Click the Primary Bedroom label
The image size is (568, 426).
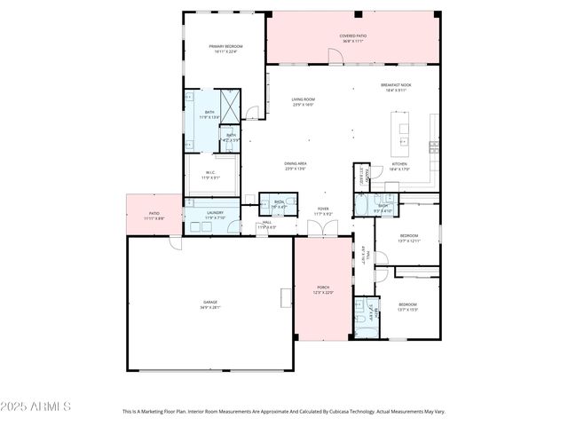click(x=225, y=46)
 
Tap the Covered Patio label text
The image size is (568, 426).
click(x=352, y=36)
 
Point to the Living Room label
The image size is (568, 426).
click(x=304, y=99)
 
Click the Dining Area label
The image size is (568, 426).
click(x=296, y=163)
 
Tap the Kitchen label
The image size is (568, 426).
click(x=399, y=164)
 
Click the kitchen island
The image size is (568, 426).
click(x=404, y=133)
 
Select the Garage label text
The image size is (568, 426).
click(x=209, y=303)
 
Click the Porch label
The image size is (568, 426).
click(x=323, y=288)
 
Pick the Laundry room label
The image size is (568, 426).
click(x=215, y=213)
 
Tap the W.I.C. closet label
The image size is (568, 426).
click(x=210, y=173)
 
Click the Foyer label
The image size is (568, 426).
click(x=323, y=209)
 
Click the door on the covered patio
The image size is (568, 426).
click(x=335, y=57)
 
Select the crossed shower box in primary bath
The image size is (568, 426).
click(x=229, y=105)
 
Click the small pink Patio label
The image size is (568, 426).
click(x=154, y=213)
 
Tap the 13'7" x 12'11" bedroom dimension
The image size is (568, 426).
click(x=407, y=241)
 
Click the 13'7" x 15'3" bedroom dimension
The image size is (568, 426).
click(x=407, y=310)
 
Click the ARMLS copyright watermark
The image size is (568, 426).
click(x=35, y=406)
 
